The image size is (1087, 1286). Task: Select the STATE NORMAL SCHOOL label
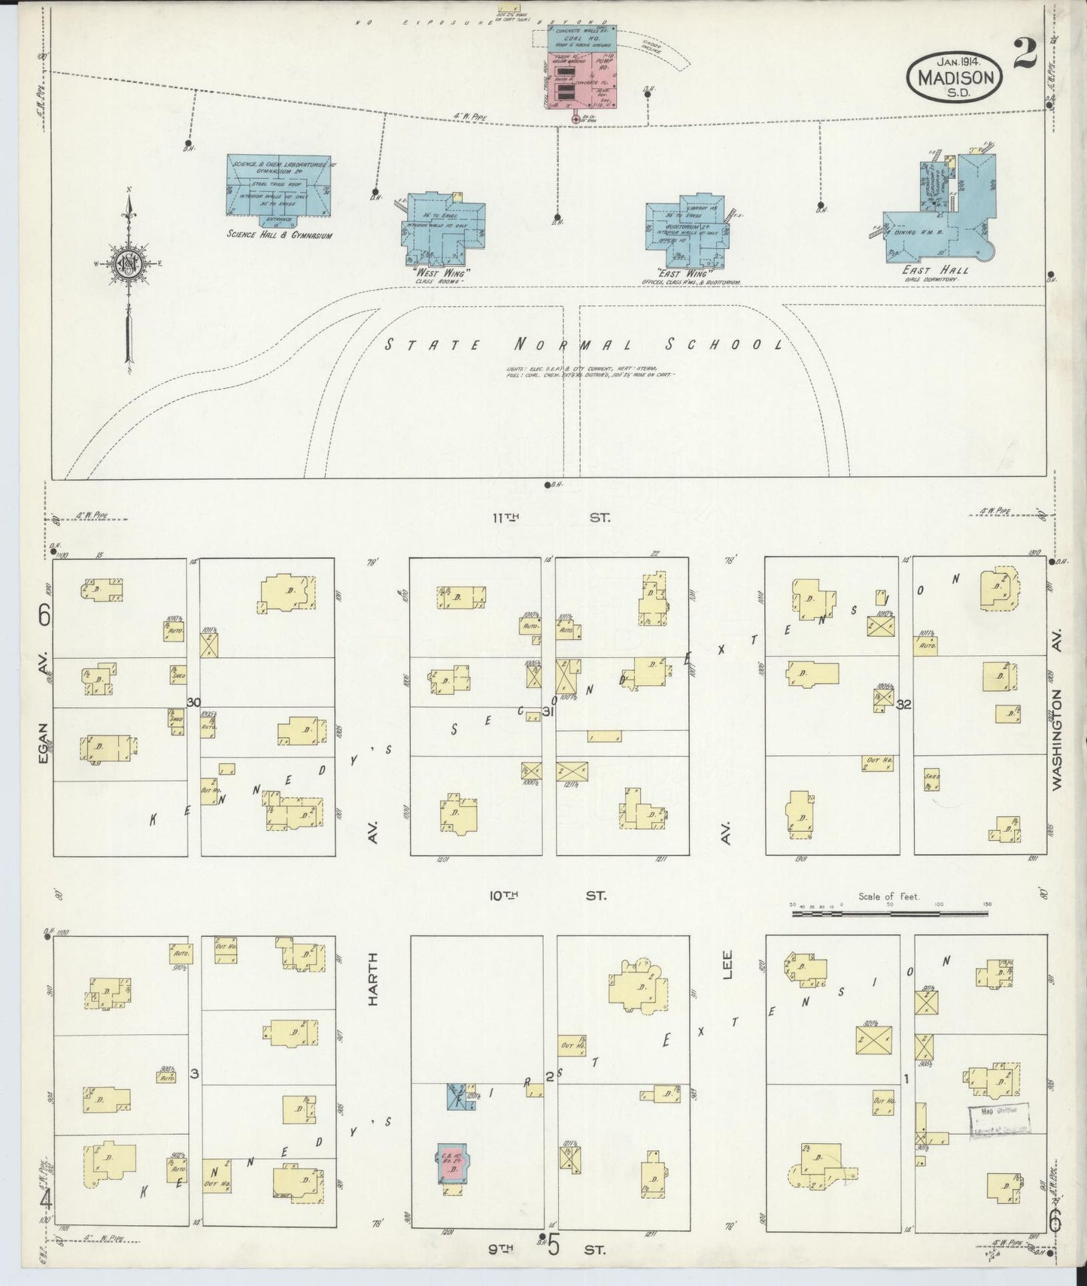[583, 345]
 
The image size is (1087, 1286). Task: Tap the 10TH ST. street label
[547, 896]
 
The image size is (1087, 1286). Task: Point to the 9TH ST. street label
[547, 1249]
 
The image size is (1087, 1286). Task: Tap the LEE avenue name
[727, 980]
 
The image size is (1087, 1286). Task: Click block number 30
[194, 702]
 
